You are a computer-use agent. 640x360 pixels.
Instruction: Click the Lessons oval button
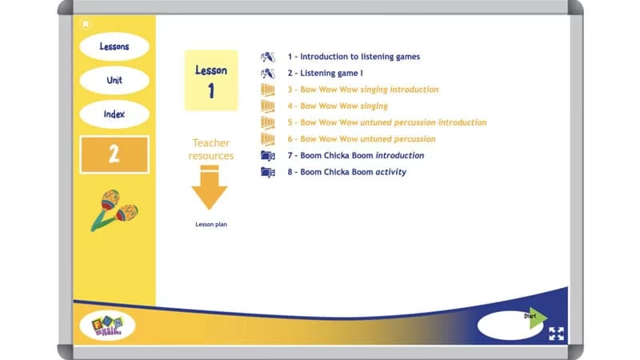(x=114, y=46)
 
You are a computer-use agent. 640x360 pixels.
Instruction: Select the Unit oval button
(x=114, y=81)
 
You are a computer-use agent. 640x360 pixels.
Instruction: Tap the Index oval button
(x=114, y=114)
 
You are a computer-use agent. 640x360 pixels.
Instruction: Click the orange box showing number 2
(x=114, y=154)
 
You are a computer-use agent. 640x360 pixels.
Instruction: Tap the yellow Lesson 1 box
(x=211, y=80)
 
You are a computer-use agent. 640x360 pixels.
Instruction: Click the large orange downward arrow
(x=210, y=188)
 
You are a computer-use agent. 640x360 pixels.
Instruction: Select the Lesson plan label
(x=211, y=225)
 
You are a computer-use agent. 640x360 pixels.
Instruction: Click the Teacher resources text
(x=211, y=150)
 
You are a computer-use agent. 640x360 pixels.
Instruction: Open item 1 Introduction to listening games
(x=354, y=57)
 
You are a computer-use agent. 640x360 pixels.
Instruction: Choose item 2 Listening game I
(x=331, y=74)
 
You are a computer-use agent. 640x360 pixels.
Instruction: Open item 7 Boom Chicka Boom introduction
(x=356, y=155)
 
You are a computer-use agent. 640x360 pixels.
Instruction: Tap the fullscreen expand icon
(x=556, y=334)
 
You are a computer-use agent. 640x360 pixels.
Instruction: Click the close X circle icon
(x=86, y=23)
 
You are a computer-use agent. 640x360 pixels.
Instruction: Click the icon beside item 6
(x=268, y=139)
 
